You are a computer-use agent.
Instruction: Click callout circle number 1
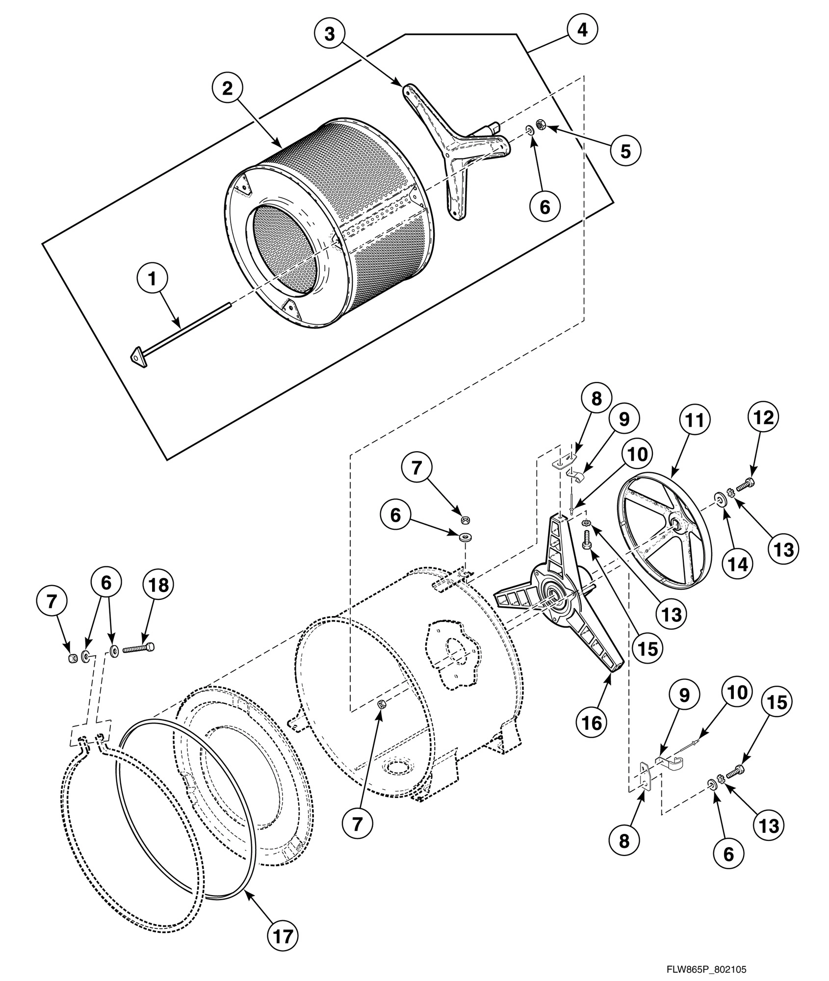point(152,279)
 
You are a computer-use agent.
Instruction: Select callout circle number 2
point(227,89)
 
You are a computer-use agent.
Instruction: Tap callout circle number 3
point(329,34)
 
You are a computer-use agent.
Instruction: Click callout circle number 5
point(625,151)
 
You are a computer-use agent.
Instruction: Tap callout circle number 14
point(738,565)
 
